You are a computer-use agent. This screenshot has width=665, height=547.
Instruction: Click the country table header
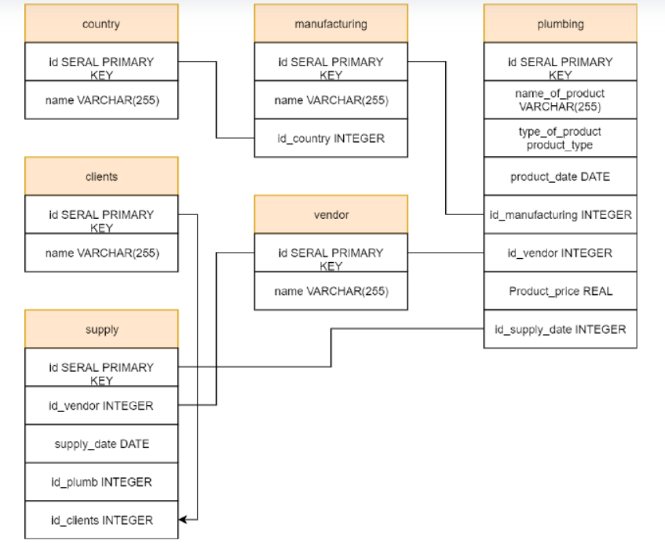tap(101, 24)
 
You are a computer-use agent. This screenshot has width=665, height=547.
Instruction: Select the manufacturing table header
tap(331, 24)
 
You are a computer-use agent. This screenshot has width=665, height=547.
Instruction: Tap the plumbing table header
tap(560, 24)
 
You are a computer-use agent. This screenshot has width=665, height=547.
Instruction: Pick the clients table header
tap(101, 177)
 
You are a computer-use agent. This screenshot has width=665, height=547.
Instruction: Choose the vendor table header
tap(331, 214)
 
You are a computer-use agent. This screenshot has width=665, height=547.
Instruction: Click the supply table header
tap(101, 330)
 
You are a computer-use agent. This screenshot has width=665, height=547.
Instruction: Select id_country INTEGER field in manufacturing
tap(331, 138)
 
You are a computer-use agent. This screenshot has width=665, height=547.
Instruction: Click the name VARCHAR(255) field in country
tap(101, 100)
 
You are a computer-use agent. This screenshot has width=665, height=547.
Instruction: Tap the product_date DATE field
tap(560, 177)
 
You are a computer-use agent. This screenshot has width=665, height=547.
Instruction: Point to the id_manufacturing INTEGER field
tap(560, 214)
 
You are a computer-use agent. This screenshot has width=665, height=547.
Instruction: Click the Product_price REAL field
tap(560, 291)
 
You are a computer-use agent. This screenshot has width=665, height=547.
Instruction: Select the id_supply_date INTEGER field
tap(560, 330)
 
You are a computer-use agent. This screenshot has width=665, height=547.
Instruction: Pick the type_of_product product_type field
tap(560, 138)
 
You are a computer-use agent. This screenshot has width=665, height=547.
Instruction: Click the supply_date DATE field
tap(101, 444)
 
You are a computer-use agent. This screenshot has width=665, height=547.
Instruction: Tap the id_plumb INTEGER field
tap(101, 482)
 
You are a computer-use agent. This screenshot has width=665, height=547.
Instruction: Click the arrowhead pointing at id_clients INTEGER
tap(183, 520)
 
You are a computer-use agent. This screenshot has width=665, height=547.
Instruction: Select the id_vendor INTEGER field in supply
tap(101, 406)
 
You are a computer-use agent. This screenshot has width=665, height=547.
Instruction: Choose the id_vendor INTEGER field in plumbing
tap(560, 253)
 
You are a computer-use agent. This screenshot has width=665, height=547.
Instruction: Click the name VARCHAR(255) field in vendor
tap(331, 291)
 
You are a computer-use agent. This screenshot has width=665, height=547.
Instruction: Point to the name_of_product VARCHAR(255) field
tap(560, 100)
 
